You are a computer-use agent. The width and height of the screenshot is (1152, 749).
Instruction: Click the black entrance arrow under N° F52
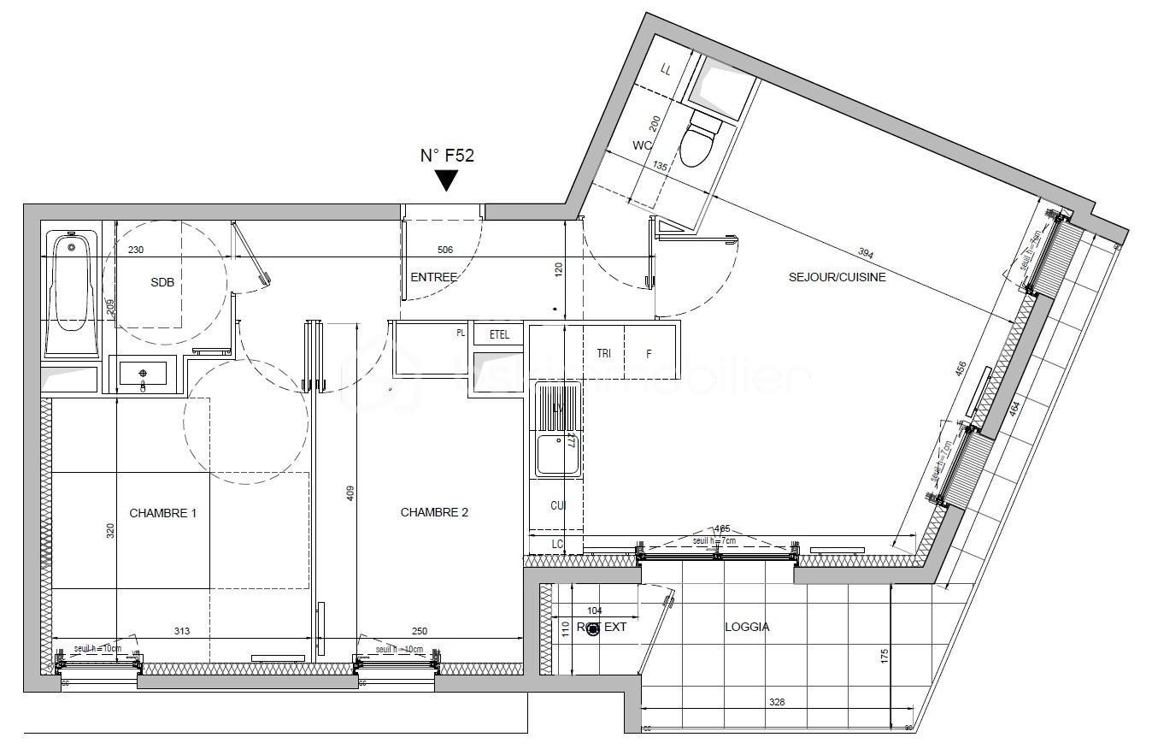pos(446,180)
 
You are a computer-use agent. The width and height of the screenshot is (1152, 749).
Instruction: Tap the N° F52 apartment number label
pos(446,156)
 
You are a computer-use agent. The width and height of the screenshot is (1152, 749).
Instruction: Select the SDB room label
pos(162,283)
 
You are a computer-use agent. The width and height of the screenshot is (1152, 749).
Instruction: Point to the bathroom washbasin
pos(143,374)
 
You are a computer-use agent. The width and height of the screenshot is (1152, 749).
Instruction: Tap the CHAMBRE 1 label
pos(162,513)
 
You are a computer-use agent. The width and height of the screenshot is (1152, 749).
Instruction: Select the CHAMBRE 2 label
pos(434,513)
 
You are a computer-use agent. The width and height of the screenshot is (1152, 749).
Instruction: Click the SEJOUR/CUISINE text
pos(837,277)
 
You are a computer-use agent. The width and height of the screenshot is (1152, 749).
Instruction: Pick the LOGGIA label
pos(746,627)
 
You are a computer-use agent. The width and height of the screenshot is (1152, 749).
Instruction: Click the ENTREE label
pos(433,277)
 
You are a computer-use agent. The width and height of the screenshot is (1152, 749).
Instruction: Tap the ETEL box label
pos(499,335)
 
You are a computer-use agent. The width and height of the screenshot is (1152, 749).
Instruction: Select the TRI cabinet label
pos(603,352)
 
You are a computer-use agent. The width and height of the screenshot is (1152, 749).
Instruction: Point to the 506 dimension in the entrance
pos(444,250)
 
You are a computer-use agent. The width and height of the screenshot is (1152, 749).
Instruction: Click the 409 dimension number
pos(349,493)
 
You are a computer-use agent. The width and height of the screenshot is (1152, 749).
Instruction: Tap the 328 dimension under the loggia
pos(775,703)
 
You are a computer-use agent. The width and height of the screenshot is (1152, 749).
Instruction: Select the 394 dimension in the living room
pos(865,253)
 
